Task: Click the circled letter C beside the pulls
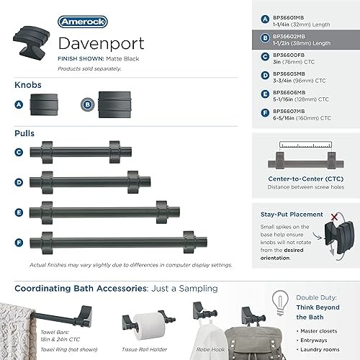(x=19, y=152)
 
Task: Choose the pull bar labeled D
(x=89, y=180)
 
